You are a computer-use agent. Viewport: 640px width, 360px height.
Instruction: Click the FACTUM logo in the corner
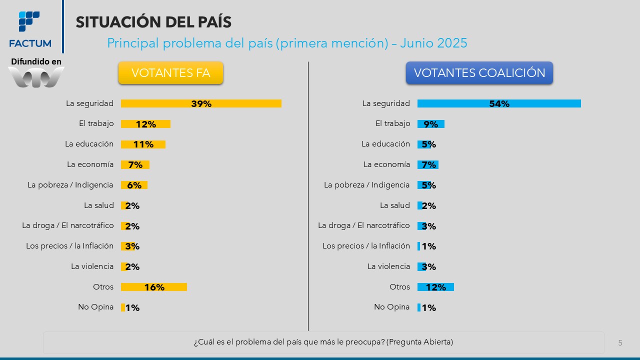click(x=30, y=29)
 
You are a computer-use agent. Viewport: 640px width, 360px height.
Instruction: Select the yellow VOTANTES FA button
click(x=170, y=73)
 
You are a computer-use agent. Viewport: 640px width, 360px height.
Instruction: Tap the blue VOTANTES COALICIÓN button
click(x=479, y=73)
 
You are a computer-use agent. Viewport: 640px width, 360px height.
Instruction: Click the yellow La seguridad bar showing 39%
click(x=201, y=103)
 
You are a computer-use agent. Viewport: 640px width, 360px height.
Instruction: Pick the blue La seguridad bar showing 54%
click(x=499, y=103)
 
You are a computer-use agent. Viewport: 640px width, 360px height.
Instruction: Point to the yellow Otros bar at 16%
click(x=154, y=287)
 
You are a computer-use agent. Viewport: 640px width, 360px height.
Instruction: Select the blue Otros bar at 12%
click(x=435, y=287)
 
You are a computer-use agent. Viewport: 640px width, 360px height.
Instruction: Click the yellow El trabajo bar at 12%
click(x=145, y=124)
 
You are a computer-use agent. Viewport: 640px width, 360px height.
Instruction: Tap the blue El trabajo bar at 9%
click(x=430, y=124)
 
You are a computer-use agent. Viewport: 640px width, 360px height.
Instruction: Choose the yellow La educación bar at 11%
click(x=143, y=144)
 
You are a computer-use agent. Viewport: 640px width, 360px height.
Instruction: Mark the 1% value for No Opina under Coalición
click(x=429, y=308)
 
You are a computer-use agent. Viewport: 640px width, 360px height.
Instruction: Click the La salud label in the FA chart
click(x=99, y=205)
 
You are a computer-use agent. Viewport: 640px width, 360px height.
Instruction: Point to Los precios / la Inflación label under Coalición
click(x=366, y=246)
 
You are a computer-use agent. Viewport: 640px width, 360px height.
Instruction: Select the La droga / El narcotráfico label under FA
click(x=68, y=225)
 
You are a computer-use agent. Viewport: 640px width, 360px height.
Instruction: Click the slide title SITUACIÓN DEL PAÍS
click(x=153, y=22)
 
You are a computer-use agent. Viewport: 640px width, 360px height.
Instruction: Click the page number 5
click(x=620, y=343)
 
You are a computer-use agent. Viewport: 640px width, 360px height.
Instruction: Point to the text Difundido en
click(x=36, y=61)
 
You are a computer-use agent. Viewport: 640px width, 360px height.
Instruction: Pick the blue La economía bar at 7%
click(x=428, y=164)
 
